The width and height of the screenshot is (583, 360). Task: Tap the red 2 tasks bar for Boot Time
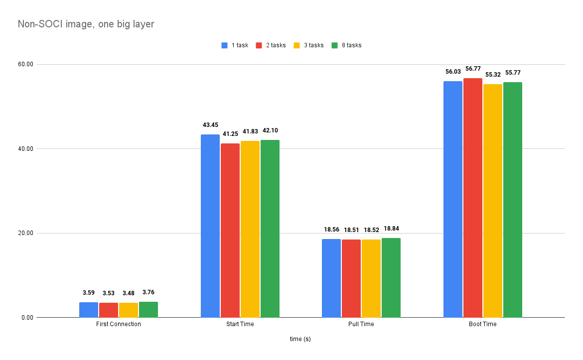pyautogui.click(x=473, y=198)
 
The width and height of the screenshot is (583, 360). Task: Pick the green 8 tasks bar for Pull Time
pyautogui.click(x=391, y=277)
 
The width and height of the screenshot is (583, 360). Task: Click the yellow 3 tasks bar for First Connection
pyautogui.click(x=129, y=310)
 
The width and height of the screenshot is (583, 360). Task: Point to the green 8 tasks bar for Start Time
pyautogui.click(x=270, y=229)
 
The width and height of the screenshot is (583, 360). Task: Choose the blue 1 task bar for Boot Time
pyautogui.click(x=453, y=199)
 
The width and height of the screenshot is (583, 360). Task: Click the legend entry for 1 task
pyautogui.click(x=235, y=45)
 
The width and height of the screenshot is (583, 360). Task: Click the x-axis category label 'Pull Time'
pyautogui.click(x=361, y=324)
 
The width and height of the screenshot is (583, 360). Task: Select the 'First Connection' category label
pyautogui.click(x=119, y=324)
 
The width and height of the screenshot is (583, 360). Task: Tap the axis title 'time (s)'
pyautogui.click(x=300, y=339)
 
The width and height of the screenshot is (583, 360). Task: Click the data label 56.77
pyautogui.click(x=473, y=69)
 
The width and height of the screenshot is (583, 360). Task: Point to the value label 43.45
pyautogui.click(x=210, y=125)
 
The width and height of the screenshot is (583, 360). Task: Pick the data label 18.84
pyautogui.click(x=391, y=229)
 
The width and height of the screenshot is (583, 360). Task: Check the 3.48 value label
pyautogui.click(x=129, y=293)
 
